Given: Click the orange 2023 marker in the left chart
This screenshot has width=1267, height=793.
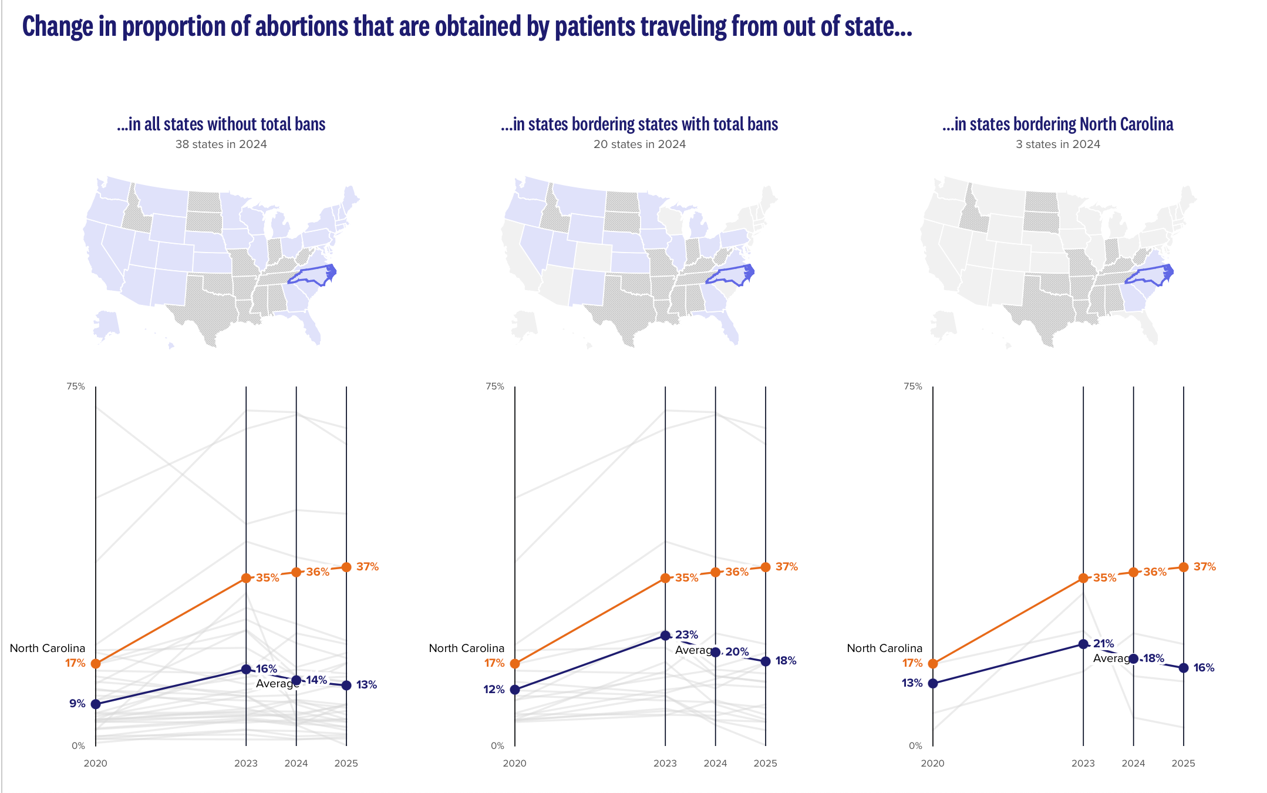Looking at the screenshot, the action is (x=246, y=578).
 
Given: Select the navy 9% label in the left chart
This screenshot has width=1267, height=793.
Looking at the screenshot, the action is (x=77, y=703).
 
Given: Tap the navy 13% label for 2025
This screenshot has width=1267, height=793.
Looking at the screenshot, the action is (x=366, y=685).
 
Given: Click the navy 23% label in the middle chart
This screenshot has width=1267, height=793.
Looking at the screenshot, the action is (x=686, y=635).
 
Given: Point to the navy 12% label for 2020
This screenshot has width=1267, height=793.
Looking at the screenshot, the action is (x=494, y=690).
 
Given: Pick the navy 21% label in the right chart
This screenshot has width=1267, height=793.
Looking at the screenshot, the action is (x=1104, y=644).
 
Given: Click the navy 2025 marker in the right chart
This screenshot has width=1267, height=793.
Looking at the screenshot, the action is (x=1184, y=668).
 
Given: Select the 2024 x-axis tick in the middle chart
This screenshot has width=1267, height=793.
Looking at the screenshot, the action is (x=715, y=764).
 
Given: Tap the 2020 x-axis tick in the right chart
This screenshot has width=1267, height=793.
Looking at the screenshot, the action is (x=932, y=764).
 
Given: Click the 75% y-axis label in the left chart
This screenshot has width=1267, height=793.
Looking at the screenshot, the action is (x=76, y=387).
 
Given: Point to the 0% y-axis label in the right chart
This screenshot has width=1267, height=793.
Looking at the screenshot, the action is (x=915, y=746).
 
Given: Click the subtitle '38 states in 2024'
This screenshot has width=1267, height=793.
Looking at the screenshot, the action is (x=221, y=145).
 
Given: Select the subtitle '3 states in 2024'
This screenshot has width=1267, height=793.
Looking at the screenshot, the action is (x=1058, y=145).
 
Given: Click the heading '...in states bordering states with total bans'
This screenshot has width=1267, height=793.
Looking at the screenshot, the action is (x=639, y=125).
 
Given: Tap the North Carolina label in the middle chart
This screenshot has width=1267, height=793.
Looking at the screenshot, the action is (x=467, y=648).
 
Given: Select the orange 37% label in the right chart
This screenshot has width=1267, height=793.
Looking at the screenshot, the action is (x=1205, y=567).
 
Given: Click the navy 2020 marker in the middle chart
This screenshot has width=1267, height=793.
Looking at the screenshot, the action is (x=515, y=690).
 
